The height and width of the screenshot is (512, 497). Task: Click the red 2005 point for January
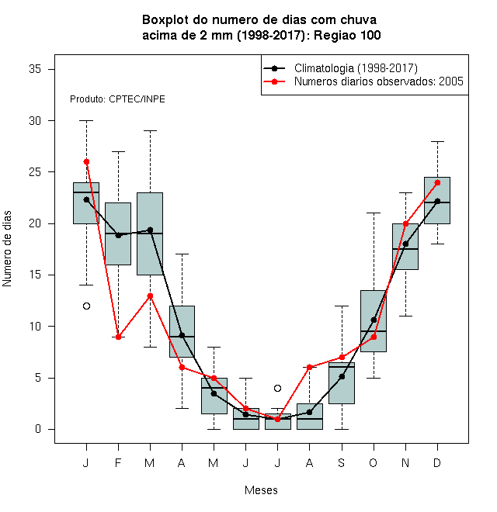86,161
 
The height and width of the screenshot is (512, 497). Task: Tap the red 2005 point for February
118,337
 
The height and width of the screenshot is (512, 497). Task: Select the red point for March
150,296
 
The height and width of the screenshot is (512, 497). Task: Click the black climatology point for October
374,320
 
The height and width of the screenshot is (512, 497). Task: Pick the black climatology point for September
342,376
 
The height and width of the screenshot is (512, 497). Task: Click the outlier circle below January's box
86,306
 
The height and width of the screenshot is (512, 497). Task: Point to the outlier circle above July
277,388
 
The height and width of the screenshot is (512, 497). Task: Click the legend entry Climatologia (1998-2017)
356,68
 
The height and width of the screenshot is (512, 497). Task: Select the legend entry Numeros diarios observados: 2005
379,81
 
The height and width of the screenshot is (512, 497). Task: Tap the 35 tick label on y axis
35,69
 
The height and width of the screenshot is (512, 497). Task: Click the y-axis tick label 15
35,275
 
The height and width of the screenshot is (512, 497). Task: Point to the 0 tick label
38,429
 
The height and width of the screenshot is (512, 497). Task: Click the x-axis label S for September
342,462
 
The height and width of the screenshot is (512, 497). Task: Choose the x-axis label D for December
437,462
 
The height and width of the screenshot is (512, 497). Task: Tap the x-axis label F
118,462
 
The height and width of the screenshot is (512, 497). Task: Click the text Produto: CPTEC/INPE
117,99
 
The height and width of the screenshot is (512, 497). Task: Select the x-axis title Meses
261,490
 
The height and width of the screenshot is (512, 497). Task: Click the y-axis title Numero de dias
7,249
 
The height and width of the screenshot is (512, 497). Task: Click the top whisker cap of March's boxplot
150,130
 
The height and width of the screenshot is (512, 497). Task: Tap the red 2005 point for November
405,223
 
